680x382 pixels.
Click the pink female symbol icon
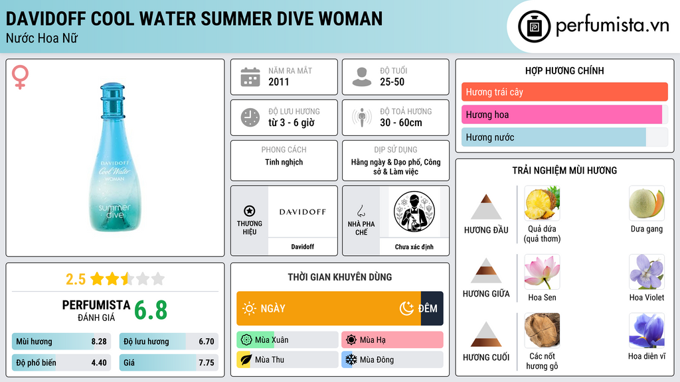(20, 77)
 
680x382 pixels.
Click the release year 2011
(278, 82)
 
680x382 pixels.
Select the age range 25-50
(392, 82)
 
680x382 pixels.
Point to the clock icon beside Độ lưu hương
(250, 117)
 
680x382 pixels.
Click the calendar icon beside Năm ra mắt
(250, 77)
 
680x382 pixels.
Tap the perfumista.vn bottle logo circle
(534, 27)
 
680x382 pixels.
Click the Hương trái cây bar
(564, 92)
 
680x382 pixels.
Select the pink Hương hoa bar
(562, 115)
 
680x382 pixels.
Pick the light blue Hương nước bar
(553, 137)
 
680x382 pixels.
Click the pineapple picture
(542, 203)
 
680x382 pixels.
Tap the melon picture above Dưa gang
(647, 203)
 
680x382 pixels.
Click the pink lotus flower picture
(542, 271)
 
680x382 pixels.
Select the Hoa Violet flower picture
(647, 271)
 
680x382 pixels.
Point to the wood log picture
(542, 330)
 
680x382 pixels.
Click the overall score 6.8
(151, 310)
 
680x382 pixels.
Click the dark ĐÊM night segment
(432, 308)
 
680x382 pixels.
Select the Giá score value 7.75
(207, 363)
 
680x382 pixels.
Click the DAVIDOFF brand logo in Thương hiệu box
(302, 212)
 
